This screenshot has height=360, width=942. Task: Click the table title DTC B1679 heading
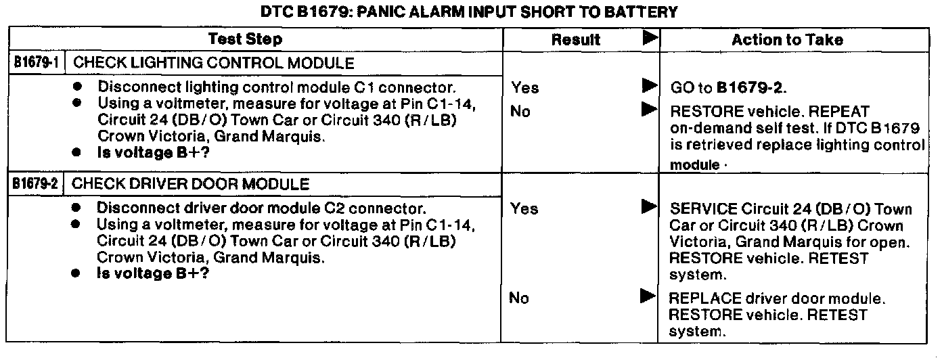469,12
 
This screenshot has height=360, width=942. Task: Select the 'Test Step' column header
245,39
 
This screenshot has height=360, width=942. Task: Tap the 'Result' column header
576,40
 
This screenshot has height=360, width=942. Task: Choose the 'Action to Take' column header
787,40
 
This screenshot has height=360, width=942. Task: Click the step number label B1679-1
35,64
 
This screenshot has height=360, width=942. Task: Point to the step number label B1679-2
35,183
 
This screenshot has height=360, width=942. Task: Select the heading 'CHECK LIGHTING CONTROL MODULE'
212,64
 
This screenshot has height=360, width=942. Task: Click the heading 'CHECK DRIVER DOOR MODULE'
190,183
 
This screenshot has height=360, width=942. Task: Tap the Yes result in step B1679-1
525,87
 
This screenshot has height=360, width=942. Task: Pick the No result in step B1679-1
520,112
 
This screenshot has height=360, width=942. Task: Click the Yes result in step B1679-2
525,209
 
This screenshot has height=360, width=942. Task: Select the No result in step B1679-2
520,298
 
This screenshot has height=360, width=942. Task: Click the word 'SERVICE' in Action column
702,209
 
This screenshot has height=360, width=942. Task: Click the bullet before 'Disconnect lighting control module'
78,87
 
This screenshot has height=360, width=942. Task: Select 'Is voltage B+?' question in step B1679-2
153,273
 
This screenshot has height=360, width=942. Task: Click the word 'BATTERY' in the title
646,12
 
